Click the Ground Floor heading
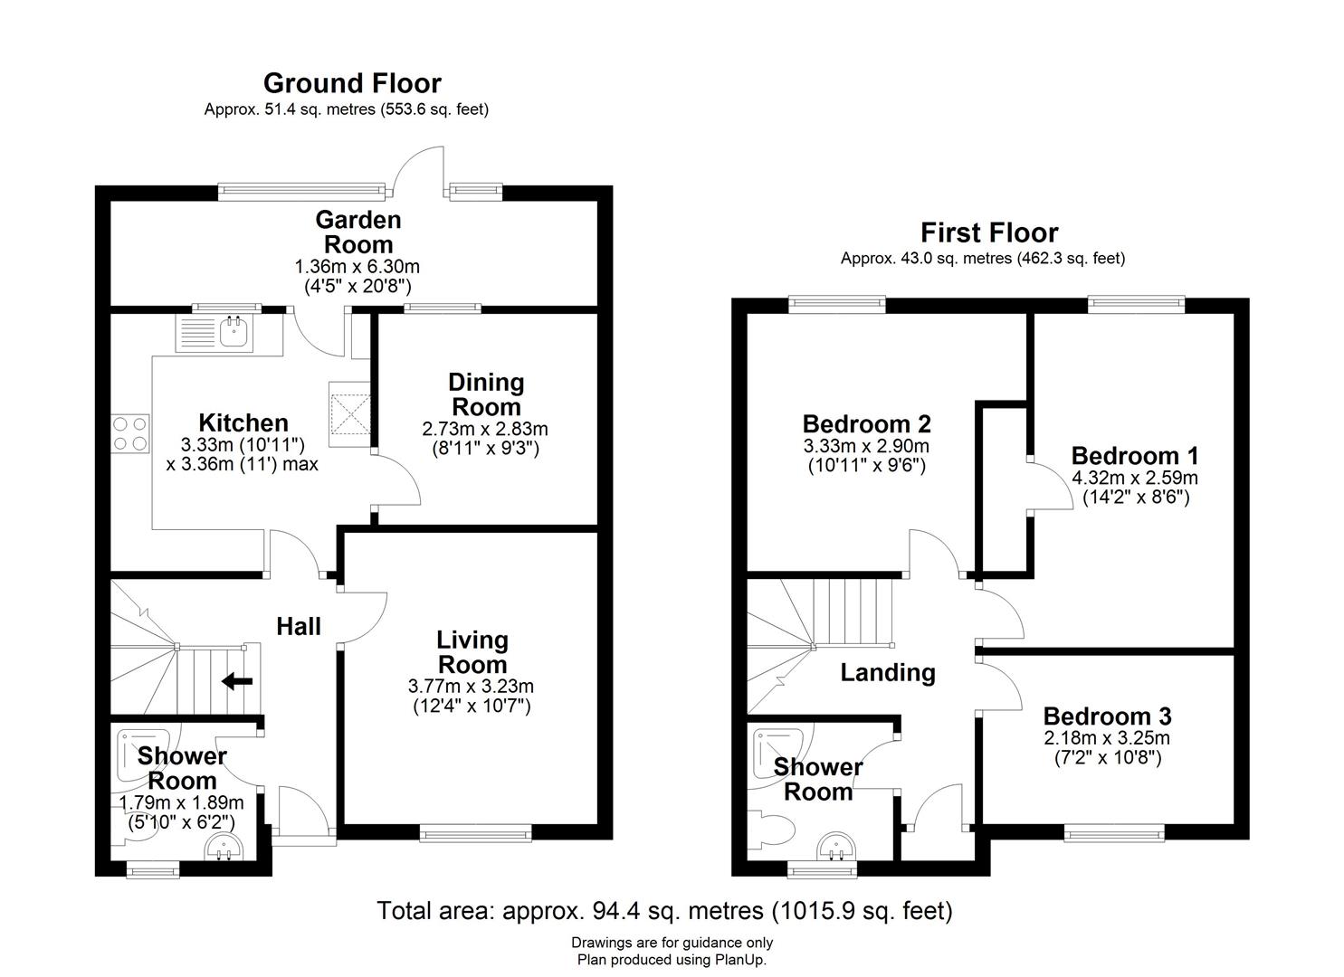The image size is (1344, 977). [352, 83]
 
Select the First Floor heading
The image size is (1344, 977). [988, 233]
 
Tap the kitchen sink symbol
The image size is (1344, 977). [234, 332]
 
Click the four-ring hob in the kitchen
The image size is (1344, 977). [130, 433]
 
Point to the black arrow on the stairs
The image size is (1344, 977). [237, 681]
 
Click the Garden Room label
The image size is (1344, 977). [358, 232]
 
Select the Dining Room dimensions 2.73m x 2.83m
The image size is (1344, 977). [485, 429]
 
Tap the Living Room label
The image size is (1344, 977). [472, 652]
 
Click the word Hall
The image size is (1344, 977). [299, 626]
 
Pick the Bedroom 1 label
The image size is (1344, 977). [1135, 455]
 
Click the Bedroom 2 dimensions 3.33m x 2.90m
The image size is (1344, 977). [866, 447]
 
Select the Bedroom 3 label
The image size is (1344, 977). [1107, 716]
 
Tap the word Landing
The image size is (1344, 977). [887, 672]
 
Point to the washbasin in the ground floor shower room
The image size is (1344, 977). [221, 848]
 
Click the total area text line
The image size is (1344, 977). [664, 910]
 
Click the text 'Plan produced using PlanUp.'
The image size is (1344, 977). [672, 960]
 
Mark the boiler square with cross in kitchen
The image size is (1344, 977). [349, 414]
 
